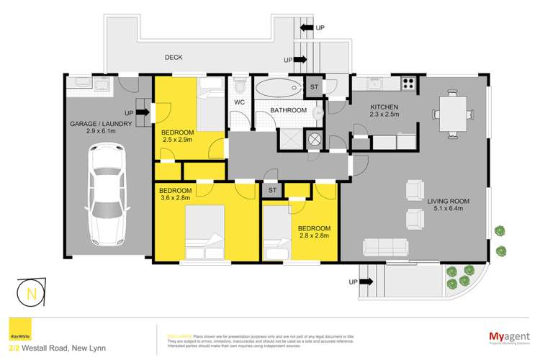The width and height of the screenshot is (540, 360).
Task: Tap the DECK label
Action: pos(174,58)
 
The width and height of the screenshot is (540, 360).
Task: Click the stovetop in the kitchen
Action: pos(408,84)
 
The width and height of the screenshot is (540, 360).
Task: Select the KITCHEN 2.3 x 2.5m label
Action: pos(369,112)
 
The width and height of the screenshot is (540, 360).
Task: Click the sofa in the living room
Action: pos(390,248)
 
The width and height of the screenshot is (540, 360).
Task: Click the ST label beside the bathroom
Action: pos(314,87)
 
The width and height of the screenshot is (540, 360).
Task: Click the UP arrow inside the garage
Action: pos(134,112)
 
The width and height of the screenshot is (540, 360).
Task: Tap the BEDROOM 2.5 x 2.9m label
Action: pos(176,137)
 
